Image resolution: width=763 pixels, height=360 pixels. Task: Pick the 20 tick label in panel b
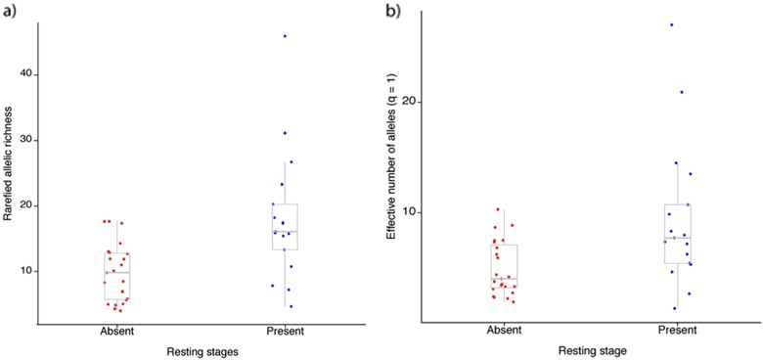point(413,102)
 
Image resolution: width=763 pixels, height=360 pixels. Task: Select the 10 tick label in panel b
point(413,212)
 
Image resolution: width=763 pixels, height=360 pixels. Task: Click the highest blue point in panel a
point(285,36)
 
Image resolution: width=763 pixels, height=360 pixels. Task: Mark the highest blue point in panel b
point(671,24)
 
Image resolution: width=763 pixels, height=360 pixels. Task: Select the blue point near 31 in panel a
point(285,133)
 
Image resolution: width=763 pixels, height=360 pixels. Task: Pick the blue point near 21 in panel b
point(681,92)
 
